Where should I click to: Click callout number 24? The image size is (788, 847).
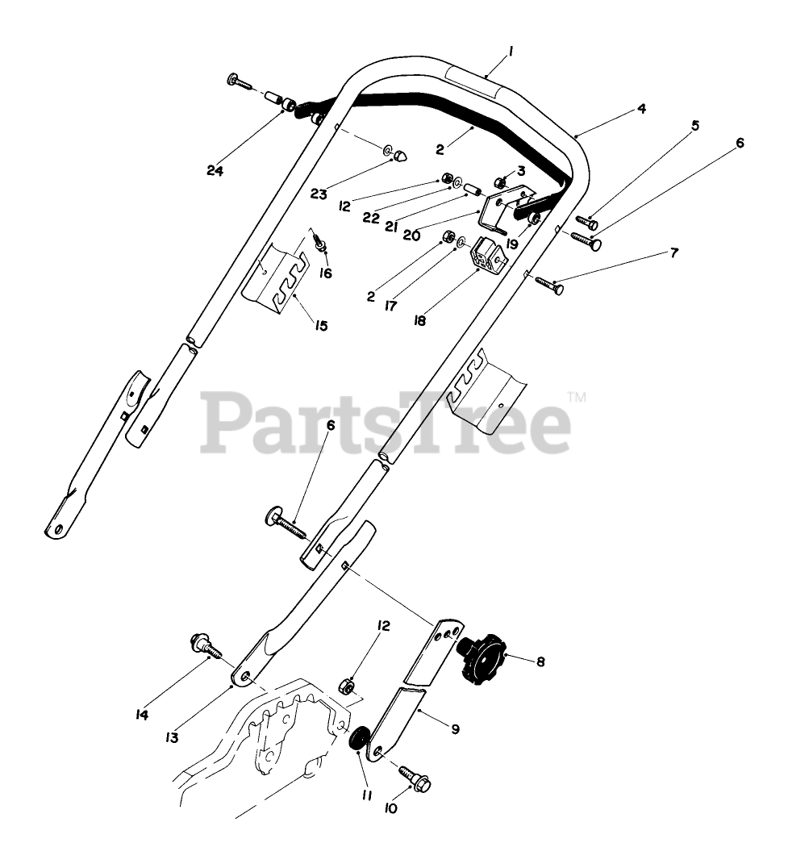tap(214, 170)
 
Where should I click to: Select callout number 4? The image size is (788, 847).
tap(641, 108)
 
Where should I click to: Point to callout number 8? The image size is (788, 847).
tap(540, 661)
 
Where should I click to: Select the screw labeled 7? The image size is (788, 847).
tap(548, 283)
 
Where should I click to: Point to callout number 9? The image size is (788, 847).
tap(455, 728)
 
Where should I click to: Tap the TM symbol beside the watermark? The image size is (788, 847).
tap(577, 397)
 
